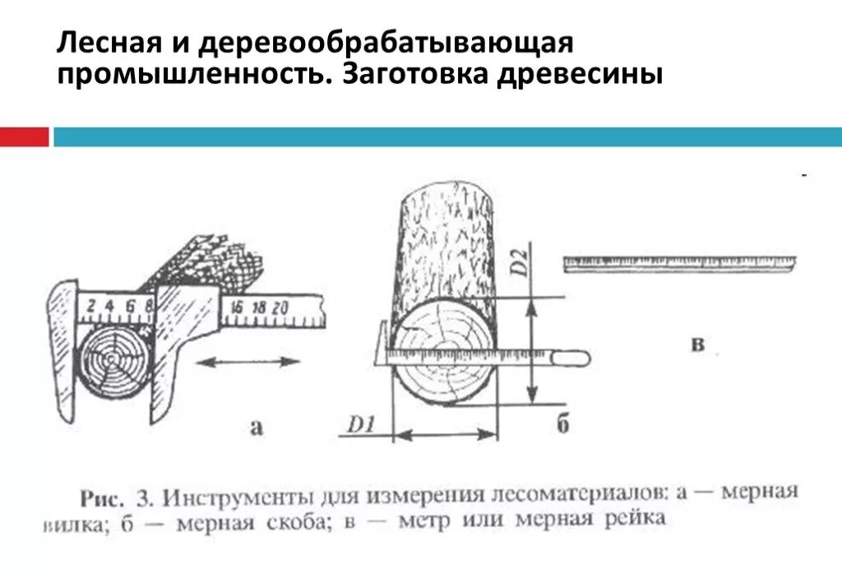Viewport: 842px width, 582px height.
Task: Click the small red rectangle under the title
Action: (x=24, y=136)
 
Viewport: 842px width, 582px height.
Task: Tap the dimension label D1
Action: (x=360, y=426)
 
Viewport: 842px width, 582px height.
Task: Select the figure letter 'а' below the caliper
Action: (x=257, y=425)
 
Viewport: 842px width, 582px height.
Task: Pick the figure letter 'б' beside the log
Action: (x=562, y=424)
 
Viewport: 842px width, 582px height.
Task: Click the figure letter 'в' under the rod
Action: (x=697, y=344)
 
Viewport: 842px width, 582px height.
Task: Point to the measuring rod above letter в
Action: (x=679, y=263)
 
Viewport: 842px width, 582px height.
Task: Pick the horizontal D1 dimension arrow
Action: (x=446, y=435)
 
